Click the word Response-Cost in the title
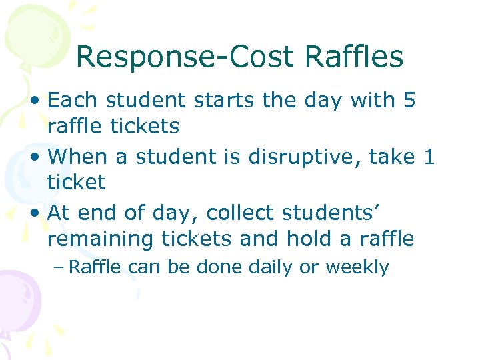point(184,57)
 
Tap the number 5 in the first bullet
point(409,101)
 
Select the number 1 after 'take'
point(429,157)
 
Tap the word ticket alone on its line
point(77,182)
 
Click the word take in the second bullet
point(393,157)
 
